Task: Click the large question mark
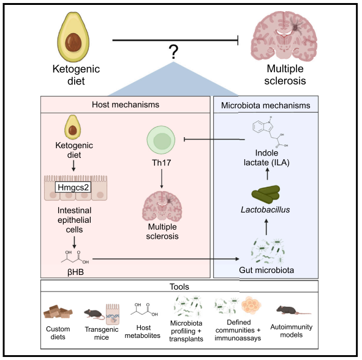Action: pos(173,52)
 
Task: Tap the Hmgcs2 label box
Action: pos(73,187)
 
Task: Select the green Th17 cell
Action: pos(161,140)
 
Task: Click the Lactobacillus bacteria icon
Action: pos(266,194)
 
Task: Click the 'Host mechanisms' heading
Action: pos(126,105)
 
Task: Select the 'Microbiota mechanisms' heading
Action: pos(266,105)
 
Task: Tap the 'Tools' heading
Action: pos(179,287)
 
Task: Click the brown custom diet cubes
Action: pos(58,312)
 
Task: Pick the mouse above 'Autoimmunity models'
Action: pos(292,310)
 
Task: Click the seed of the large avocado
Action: pos(73,43)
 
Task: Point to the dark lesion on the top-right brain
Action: pos(295,28)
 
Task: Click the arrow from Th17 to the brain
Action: pos(162,179)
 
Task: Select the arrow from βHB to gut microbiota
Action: pos(166,259)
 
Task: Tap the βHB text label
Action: pos(75,272)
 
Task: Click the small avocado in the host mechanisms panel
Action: pos(72,127)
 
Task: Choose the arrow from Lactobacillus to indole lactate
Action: pos(268,174)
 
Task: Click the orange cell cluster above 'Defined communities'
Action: pos(251,305)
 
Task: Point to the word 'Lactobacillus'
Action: pos(265,209)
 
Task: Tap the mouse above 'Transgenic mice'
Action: pos(94,314)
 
